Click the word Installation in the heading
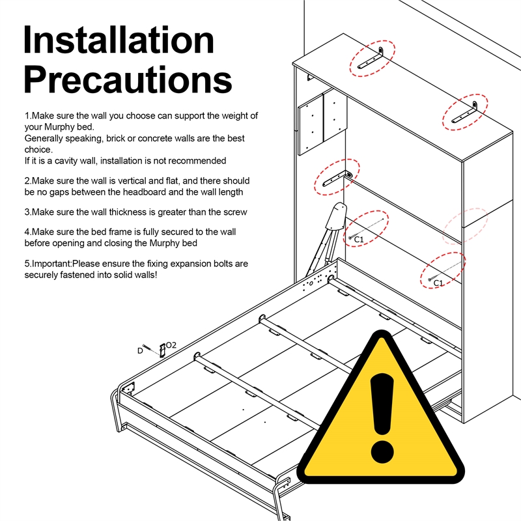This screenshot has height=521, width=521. pyautogui.click(x=119, y=40)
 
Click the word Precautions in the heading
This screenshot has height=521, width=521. pyautogui.click(x=128, y=79)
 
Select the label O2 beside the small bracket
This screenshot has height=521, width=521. pyautogui.click(x=171, y=345)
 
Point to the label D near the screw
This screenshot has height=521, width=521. pyautogui.click(x=140, y=351)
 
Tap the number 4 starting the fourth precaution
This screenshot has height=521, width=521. pyautogui.click(x=27, y=232)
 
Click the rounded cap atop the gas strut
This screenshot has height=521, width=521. pyautogui.click(x=336, y=216)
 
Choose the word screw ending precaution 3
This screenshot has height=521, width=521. pyautogui.click(x=236, y=212)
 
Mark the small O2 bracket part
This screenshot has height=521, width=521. pyautogui.click(x=162, y=350)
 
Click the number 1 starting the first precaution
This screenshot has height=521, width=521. pyautogui.click(x=26, y=116)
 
